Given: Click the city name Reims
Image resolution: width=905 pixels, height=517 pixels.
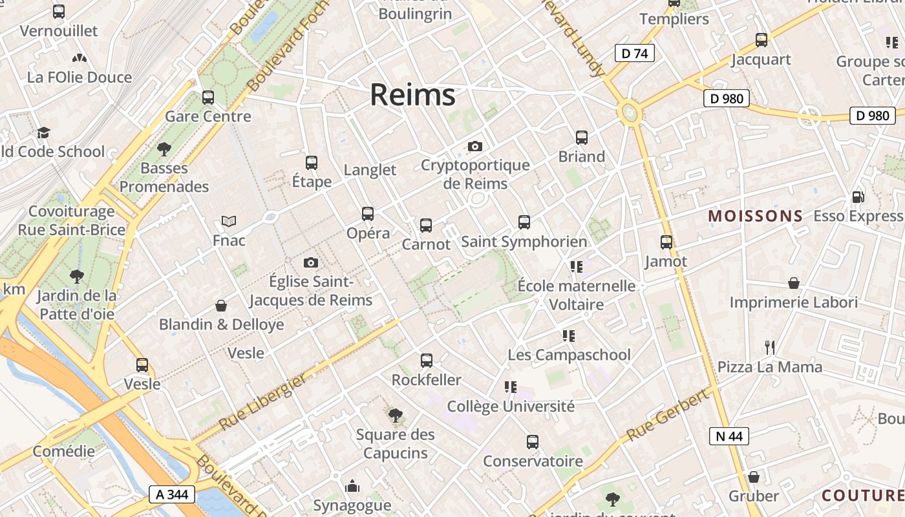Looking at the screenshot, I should coord(412,95).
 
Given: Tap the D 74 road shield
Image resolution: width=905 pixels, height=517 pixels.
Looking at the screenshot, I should coord(634,54).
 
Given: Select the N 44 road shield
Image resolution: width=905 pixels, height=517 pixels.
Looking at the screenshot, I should coord(729,436).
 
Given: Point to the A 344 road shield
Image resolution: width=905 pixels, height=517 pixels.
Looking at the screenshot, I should coord(171,494).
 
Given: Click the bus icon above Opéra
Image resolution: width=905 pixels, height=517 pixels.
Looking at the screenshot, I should coord(368,213).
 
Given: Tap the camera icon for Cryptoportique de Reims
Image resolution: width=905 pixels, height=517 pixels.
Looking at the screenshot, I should coord(475,147).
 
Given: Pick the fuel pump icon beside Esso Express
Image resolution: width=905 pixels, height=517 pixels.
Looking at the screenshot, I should coord(858,197).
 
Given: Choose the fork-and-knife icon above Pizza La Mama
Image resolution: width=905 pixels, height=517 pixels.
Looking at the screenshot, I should coord(770,348).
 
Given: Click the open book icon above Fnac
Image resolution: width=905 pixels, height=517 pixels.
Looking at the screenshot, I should coord(229,221).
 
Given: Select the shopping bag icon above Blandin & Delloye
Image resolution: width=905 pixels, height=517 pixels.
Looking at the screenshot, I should coord(221,305).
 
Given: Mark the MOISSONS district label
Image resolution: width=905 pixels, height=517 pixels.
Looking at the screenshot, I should coord(756,216).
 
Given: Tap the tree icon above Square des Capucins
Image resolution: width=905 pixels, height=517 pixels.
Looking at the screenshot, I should coord(395,415).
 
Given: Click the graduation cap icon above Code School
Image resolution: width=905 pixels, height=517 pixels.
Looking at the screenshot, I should coord(43,132).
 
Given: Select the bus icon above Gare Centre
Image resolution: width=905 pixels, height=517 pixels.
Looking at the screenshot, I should coord(208,98).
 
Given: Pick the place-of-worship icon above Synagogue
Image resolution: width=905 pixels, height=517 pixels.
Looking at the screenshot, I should coord(352,485).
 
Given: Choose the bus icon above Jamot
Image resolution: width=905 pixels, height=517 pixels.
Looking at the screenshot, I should coord(666,242).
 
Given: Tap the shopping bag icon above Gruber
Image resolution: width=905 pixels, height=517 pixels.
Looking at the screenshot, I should coord(753,477).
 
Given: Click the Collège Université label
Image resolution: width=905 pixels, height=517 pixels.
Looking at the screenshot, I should coord(511,406).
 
